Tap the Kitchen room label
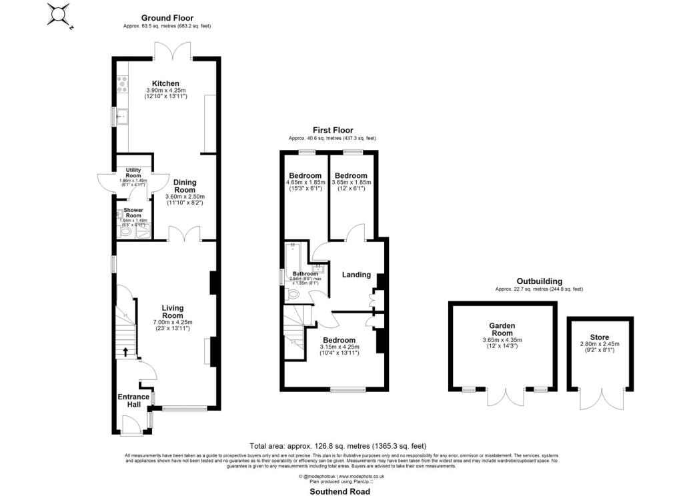pyautogui.click(x=165, y=83)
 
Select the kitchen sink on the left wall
pyautogui.click(x=121, y=117)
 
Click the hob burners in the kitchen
pyautogui.click(x=123, y=84)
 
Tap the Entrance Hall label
pyautogui.click(x=133, y=401)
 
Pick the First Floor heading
pyautogui.click(x=333, y=130)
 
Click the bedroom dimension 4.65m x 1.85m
pyautogui.click(x=305, y=182)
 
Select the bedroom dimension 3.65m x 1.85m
pyautogui.click(x=352, y=182)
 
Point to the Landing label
pyautogui.click(x=357, y=274)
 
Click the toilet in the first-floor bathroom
pyautogui.click(x=293, y=294)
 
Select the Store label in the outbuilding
pyautogui.click(x=599, y=337)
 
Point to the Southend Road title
pyautogui.click(x=339, y=491)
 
